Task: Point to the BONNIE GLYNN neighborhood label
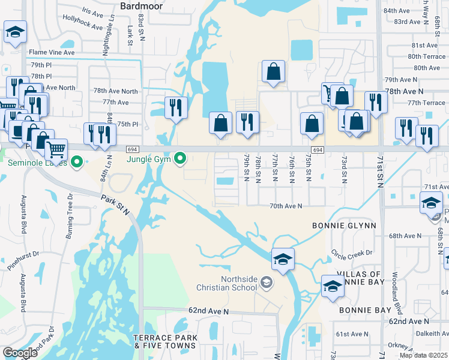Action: click(344, 226)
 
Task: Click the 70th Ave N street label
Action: click(286, 206)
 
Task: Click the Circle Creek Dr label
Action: click(352, 252)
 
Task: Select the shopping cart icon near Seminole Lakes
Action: click(56, 148)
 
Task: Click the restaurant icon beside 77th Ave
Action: click(176, 106)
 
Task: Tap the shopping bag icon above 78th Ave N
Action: click(273, 71)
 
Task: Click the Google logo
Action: click(20, 353)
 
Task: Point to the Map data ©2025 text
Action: click(424, 355)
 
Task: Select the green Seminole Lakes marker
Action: click(76, 161)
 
